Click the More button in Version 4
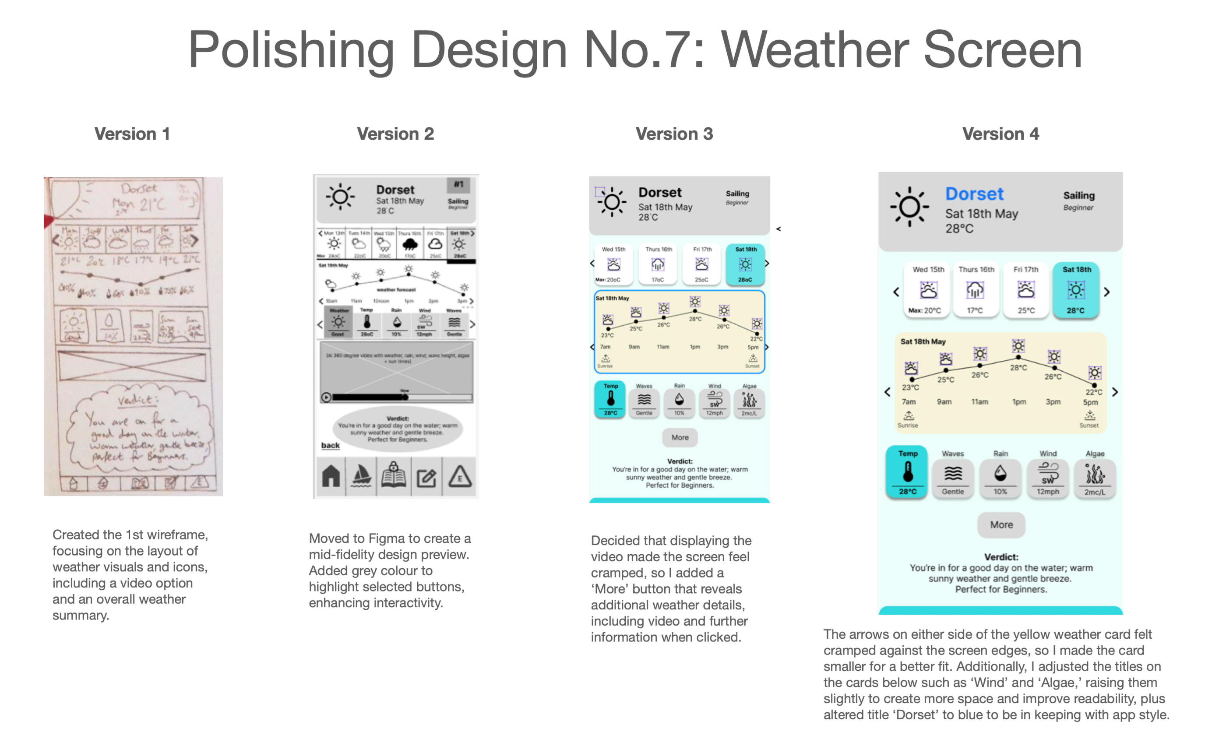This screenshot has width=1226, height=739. [1001, 524]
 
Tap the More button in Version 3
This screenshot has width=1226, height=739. [680, 437]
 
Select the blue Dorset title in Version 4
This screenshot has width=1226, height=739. [974, 194]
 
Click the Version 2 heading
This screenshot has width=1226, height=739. [395, 134]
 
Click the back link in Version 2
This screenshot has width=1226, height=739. [331, 445]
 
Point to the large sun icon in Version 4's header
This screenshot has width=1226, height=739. [909, 207]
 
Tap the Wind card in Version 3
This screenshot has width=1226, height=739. [715, 401]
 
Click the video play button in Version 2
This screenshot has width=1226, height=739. [326, 397]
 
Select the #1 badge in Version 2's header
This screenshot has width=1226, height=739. [458, 185]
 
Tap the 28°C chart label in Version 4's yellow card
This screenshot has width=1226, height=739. [1018, 368]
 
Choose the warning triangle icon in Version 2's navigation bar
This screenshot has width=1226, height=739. [460, 477]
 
